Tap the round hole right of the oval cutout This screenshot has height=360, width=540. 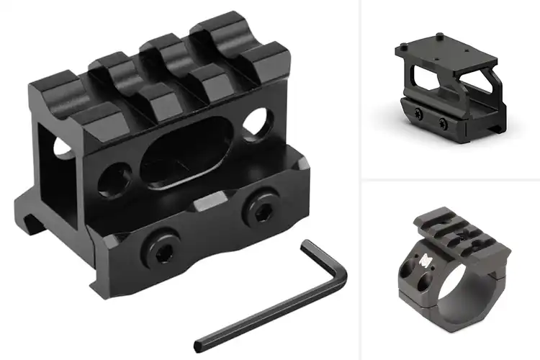[x=253, y=124]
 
